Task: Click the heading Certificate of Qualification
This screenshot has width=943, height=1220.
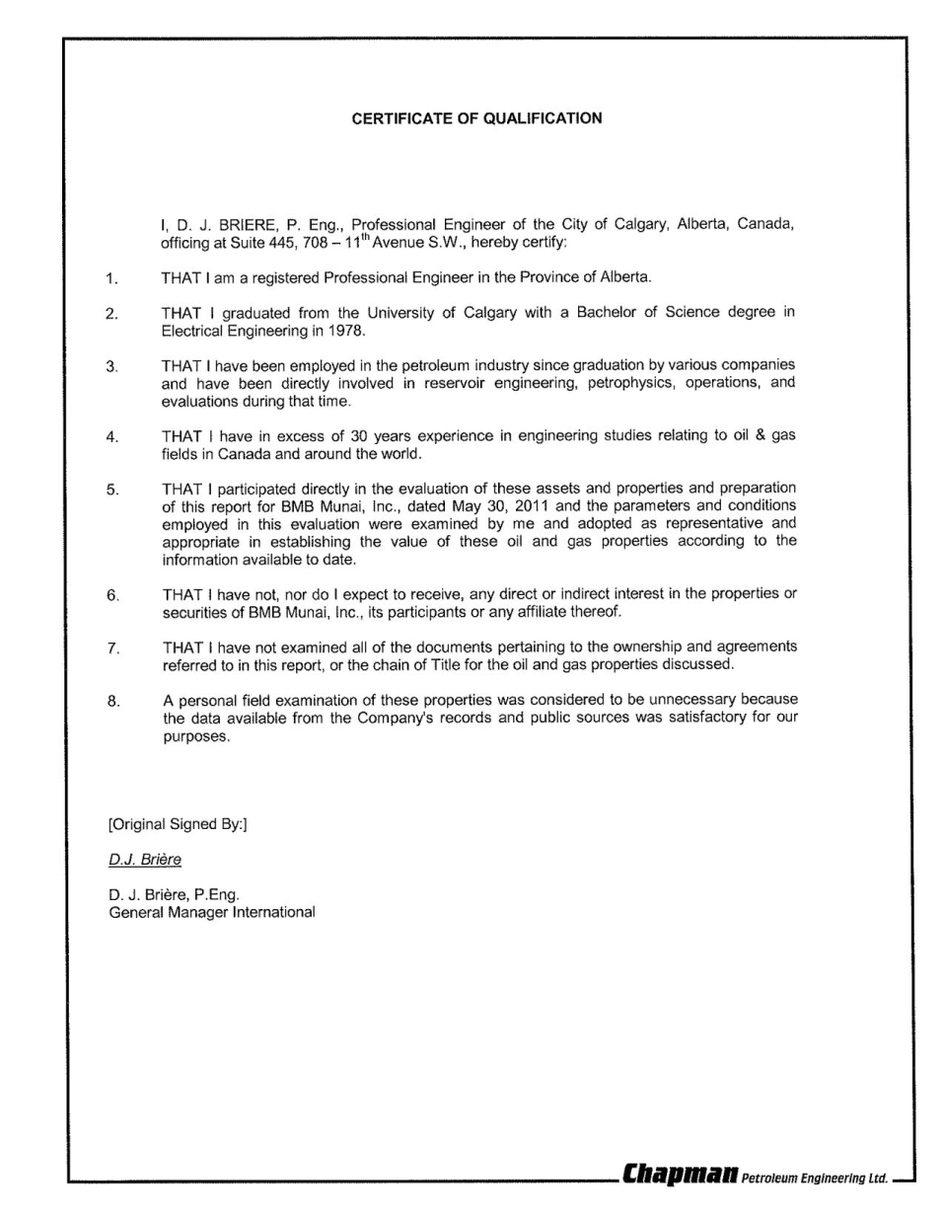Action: click(476, 118)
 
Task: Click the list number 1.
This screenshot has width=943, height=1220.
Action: click(111, 278)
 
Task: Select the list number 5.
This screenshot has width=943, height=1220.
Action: click(112, 490)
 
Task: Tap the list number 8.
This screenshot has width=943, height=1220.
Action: click(112, 702)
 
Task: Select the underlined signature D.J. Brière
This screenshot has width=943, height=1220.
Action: click(145, 860)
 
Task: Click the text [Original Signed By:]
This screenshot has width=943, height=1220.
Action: click(178, 824)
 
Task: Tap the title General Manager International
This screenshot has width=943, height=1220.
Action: click(212, 912)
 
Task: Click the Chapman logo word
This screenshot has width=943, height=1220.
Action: click(680, 1175)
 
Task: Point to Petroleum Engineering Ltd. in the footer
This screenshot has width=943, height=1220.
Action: click(815, 1178)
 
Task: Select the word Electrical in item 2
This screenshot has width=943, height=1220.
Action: click(192, 331)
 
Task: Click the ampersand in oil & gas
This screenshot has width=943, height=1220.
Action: click(761, 436)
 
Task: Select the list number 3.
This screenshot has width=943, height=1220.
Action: click(111, 367)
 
